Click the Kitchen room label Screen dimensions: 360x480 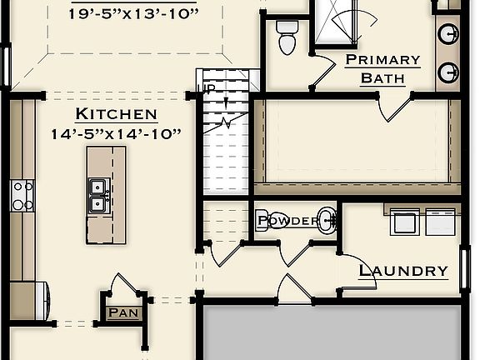116,114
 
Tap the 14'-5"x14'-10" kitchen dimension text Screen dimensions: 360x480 116,133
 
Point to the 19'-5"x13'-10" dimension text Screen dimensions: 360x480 134,14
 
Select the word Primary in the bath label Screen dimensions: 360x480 382,60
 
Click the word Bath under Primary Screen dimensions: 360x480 382,78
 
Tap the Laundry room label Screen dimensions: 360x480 403,271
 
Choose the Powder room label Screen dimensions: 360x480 287,221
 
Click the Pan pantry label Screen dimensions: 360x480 122,313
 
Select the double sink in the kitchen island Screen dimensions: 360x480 97,195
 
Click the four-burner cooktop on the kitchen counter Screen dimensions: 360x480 22,196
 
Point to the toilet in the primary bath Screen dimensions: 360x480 287,37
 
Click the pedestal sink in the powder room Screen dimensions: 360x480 328,220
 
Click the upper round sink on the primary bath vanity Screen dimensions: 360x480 448,35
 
